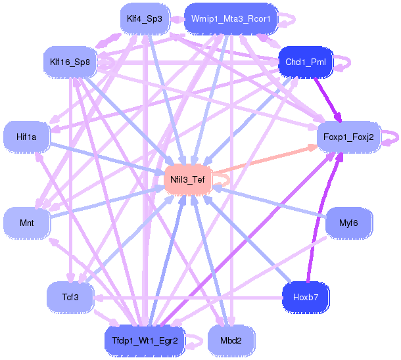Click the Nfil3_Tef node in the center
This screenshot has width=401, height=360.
pos(187,179)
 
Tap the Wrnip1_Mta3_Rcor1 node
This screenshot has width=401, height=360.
pos(231,19)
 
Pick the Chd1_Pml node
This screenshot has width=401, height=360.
pos(306,62)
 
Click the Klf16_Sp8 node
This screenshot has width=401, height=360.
pos(70,62)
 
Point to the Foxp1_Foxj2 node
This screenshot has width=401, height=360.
pos(348,137)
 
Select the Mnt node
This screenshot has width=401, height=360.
pos(27,223)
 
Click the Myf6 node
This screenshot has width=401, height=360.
pos(348,223)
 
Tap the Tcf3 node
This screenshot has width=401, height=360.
pos(70,297)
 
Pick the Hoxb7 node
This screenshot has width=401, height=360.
pos(306,297)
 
